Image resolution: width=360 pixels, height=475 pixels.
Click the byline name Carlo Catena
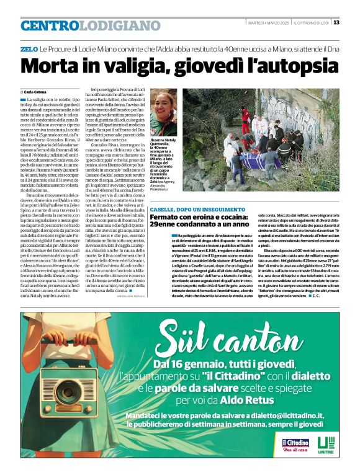click(38, 91)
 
